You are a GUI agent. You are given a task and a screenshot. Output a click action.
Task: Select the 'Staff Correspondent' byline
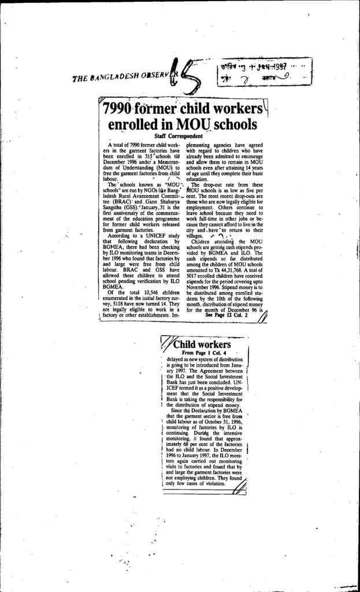(176, 135)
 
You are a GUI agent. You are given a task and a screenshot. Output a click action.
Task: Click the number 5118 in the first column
(118, 304)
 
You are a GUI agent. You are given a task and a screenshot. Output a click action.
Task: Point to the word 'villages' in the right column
(196, 236)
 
